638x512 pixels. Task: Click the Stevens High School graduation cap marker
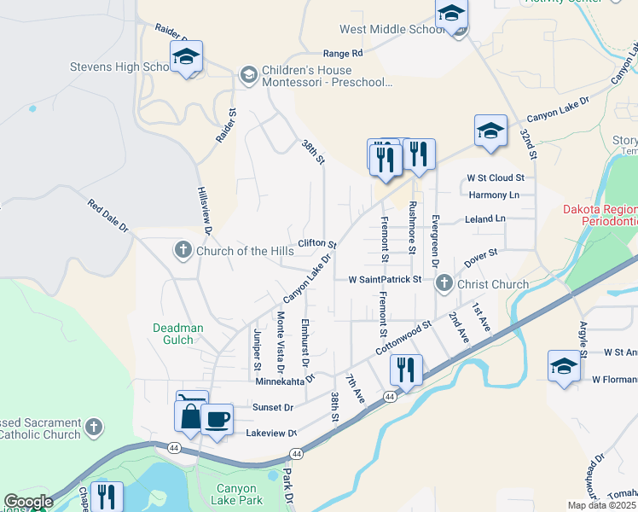(186, 58)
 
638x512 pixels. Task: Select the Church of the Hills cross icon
(182, 250)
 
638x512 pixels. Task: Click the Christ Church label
(492, 284)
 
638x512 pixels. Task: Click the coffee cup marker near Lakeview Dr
(217, 420)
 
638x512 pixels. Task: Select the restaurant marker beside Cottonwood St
(404, 371)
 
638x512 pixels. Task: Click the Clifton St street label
(318, 244)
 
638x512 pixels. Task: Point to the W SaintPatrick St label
(385, 279)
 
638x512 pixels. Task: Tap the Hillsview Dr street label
(204, 206)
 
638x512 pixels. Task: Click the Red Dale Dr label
(107, 216)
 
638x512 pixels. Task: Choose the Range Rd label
(343, 53)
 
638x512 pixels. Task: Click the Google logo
(27, 503)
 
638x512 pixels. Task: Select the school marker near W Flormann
(563, 366)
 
